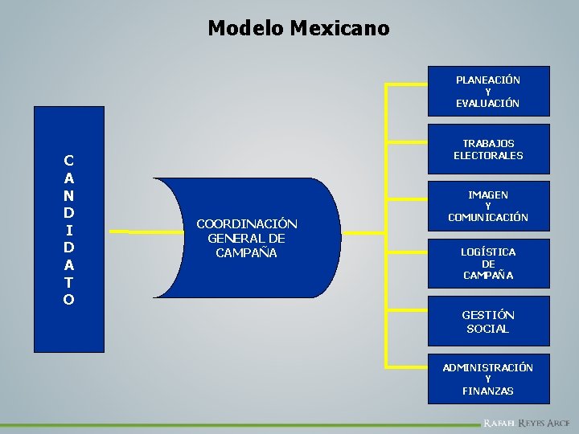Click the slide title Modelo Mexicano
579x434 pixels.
[298, 28]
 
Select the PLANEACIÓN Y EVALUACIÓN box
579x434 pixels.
[488, 91]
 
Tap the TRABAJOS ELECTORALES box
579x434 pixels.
[488, 149]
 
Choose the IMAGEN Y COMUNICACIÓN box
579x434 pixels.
[488, 206]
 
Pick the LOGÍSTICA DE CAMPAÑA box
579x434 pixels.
[488, 263]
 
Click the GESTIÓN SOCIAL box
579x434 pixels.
[488, 321]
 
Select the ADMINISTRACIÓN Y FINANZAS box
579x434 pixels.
[488, 379]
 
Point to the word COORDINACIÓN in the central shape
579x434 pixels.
[247, 223]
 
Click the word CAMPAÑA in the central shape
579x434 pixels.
[246, 252]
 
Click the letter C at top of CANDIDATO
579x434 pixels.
[69, 159]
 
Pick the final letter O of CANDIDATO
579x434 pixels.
[69, 300]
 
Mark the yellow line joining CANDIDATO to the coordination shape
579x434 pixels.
[129, 231]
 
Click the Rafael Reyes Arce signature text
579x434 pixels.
[527, 423]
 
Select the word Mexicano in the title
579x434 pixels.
[339, 28]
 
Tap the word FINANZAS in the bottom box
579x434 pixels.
[488, 391]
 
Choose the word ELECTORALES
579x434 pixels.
[488, 155]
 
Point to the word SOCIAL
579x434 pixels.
[488, 329]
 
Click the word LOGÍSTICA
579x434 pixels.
[488, 252]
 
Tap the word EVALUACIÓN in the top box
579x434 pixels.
[488, 103]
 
